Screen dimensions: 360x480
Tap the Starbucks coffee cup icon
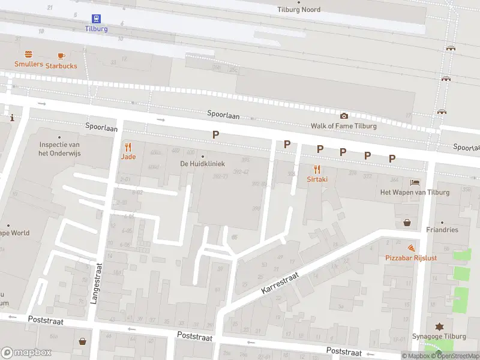61,56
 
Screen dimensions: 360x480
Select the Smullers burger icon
28,54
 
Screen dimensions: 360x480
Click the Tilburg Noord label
299,10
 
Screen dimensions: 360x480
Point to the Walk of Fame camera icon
344,116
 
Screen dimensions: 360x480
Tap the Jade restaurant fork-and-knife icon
128,147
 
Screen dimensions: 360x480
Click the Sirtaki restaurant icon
317,169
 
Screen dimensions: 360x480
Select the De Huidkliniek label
202,163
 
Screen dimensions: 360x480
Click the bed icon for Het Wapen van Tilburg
415,182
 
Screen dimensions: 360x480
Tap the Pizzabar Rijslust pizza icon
411,248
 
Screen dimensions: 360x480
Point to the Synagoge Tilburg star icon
439,326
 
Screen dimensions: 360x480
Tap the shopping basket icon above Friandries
407,222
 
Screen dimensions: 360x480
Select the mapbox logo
26,352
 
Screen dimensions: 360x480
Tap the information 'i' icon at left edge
11,118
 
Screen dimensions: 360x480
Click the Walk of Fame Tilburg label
343,126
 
